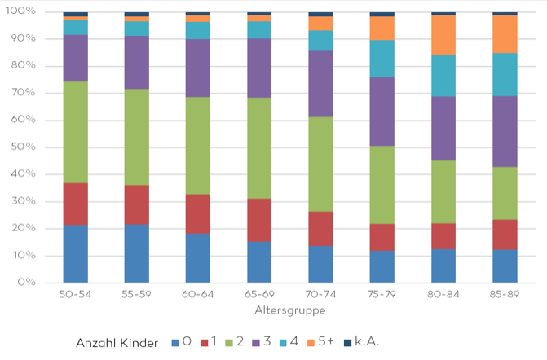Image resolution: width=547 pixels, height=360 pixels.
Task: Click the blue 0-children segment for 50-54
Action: (75, 253)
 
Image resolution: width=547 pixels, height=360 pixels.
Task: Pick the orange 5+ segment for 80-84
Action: (443, 34)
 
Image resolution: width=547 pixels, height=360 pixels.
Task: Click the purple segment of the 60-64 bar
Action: (198, 68)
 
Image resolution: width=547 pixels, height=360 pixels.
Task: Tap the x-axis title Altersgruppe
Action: (289, 310)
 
